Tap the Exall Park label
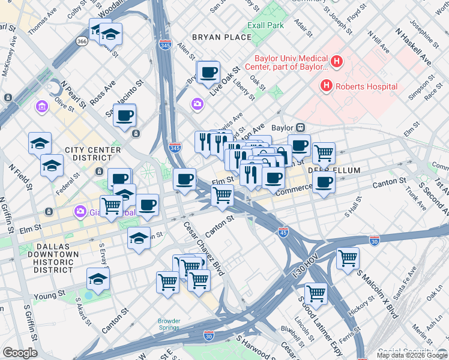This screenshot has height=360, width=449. [x=266, y=26]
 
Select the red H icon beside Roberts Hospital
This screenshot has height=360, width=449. [x=327, y=86]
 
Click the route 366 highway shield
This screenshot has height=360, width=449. [x=82, y=41]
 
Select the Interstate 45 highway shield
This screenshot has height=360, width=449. [x=283, y=231]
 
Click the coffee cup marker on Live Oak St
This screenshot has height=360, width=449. [x=208, y=73]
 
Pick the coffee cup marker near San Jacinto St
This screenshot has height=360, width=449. [x=125, y=116]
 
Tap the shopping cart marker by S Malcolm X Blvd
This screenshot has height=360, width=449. [x=348, y=259]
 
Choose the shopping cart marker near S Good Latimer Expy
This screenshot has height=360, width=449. [x=316, y=295]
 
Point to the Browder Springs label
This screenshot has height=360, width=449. [x=169, y=324]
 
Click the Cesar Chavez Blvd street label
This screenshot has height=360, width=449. [x=203, y=247]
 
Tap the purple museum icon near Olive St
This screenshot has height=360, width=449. [x=41, y=107]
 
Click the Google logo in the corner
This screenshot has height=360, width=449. [x=20, y=353]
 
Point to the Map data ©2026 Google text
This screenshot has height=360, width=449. [x=411, y=355]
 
